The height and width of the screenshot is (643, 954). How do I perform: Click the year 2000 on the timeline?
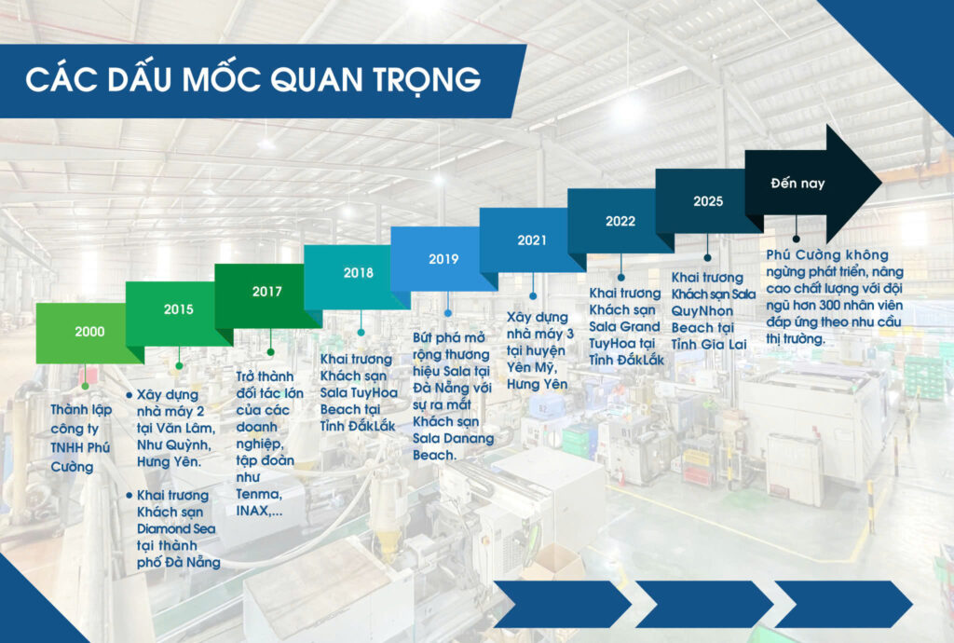(89, 332)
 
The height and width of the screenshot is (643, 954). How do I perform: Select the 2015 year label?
(178, 309)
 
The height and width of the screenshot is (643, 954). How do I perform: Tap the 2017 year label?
(267, 292)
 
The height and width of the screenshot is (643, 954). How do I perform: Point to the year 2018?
(359, 272)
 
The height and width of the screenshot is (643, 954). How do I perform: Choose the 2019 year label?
(443, 259)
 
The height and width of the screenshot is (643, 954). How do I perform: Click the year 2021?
(532, 240)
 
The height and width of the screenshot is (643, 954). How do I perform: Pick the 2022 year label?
(620, 222)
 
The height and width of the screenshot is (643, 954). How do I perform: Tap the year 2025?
(708, 201)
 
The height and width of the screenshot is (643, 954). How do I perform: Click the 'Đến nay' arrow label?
(797, 183)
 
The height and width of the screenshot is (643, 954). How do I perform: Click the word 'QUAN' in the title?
(317, 80)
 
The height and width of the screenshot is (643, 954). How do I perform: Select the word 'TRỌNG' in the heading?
(427, 81)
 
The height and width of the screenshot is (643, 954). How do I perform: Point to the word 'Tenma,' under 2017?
(259, 494)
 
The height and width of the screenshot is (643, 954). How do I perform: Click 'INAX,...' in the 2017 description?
(259, 511)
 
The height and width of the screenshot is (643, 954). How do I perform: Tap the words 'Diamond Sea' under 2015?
(176, 528)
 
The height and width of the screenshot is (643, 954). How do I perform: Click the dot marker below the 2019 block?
(448, 313)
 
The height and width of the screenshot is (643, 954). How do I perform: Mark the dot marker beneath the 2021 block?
(533, 295)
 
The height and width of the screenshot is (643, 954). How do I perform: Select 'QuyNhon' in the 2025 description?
(702, 311)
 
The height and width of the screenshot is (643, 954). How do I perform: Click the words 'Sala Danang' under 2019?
(454, 438)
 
